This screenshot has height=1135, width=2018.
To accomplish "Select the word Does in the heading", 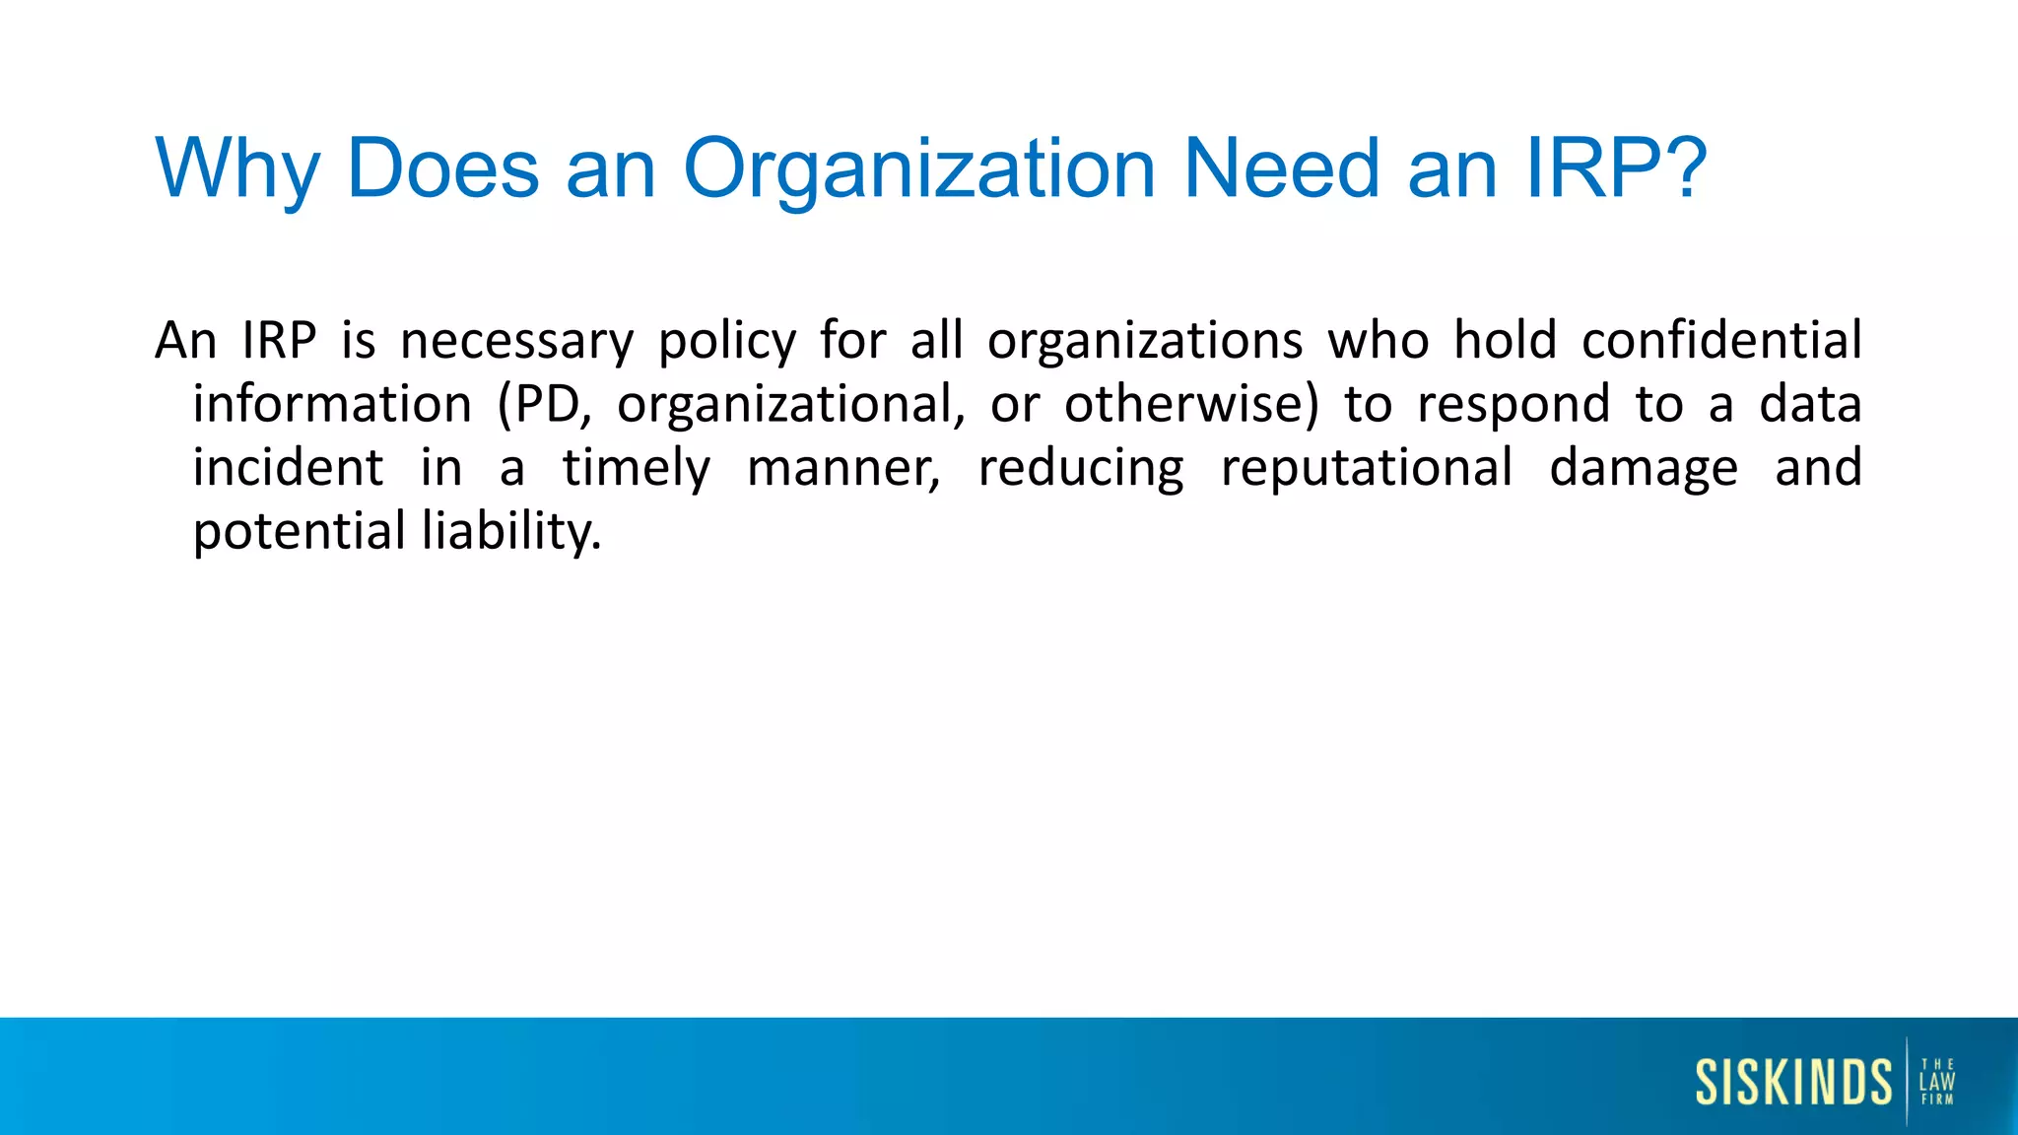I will coord(443,167).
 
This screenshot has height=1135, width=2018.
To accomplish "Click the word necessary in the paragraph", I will coord(517,342).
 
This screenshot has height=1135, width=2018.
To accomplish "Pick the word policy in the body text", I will coord(727,342).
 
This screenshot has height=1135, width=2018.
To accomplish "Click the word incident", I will coord(288,467).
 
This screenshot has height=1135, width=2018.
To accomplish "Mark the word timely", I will coord(637,469).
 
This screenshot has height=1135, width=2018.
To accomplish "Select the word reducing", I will coord(1081,469).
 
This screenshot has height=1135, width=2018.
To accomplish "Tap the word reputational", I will coord(1367,469).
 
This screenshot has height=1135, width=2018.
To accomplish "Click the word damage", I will coord(1644,469).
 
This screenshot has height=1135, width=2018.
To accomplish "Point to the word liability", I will coord(511,532).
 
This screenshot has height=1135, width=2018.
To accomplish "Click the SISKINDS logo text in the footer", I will coord(1793,1082).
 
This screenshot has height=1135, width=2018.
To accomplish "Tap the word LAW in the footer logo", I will coord(1937,1081).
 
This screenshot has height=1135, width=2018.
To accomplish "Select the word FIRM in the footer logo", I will coord(1937,1100).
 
